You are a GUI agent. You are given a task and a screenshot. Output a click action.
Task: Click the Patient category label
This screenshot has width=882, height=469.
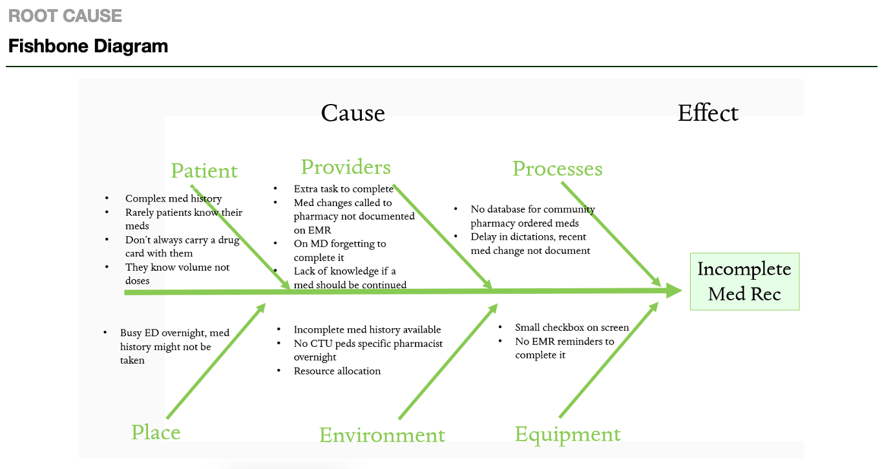(x=204, y=171)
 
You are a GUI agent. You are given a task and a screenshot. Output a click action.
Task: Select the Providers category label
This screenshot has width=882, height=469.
(x=346, y=167)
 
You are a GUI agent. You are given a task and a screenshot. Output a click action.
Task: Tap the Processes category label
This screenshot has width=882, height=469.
(x=557, y=169)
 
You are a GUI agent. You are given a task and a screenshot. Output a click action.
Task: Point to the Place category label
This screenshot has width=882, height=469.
(x=156, y=432)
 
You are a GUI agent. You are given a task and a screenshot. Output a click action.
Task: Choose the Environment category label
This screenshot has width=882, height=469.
(x=382, y=435)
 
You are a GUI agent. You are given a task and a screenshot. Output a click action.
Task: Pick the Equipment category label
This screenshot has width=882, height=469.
(x=567, y=434)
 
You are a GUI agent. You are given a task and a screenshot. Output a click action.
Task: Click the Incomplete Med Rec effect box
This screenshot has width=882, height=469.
(x=744, y=282)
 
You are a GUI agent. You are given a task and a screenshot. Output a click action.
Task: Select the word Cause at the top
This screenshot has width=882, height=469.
(x=353, y=113)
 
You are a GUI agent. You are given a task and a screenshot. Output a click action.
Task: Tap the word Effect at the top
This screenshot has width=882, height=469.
(x=708, y=113)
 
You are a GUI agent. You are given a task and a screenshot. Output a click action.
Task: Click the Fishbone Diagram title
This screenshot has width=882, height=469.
(x=88, y=47)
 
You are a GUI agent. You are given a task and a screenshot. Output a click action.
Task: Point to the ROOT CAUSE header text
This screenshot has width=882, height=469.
(x=65, y=16)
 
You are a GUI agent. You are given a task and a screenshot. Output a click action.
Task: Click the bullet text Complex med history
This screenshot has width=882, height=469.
(x=173, y=199)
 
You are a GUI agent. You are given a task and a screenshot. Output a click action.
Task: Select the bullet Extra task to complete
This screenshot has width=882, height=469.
(x=343, y=189)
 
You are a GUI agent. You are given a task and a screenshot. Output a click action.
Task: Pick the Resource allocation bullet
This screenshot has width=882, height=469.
(x=337, y=371)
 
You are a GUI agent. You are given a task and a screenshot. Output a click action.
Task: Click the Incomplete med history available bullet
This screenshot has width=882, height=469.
(x=367, y=329)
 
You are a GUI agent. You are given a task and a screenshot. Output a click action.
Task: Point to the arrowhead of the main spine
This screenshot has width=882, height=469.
(x=675, y=291)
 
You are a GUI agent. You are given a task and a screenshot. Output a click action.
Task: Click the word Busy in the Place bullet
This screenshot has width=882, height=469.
(x=131, y=333)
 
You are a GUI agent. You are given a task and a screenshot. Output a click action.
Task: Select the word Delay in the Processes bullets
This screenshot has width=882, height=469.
(x=483, y=237)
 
